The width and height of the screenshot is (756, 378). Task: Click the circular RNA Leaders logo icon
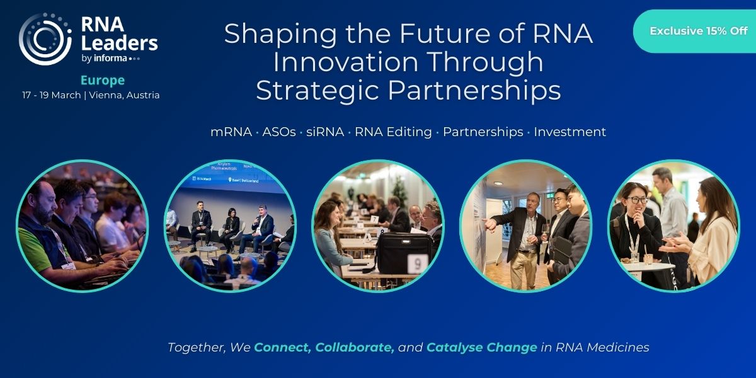tap(45, 39)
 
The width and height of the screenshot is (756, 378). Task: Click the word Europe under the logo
tap(103, 81)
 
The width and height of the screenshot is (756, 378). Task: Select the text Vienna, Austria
tap(124, 95)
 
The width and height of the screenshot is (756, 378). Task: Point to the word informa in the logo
tap(110, 59)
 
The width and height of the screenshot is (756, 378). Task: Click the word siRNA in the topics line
tap(325, 132)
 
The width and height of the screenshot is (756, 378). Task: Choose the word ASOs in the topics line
tap(279, 132)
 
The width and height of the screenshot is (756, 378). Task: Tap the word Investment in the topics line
tap(570, 132)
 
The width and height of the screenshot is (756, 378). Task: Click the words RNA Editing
tap(393, 132)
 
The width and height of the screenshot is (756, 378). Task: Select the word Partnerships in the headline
tap(474, 91)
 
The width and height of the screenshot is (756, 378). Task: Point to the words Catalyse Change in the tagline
tap(481, 347)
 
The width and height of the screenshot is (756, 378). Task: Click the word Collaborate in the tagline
tap(354, 347)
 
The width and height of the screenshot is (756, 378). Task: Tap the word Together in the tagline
tap(197, 347)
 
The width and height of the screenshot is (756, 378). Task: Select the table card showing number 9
tap(418, 264)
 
